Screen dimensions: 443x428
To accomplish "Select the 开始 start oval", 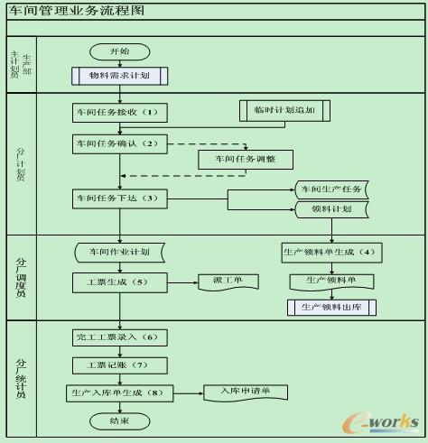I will point(119,52).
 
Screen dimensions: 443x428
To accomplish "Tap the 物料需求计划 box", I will point(119,76).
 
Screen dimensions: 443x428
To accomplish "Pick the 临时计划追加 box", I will point(284,110).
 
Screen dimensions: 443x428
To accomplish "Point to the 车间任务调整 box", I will point(245,159).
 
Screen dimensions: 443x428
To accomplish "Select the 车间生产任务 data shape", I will point(331,189).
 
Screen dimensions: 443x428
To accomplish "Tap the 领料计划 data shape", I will point(331,209).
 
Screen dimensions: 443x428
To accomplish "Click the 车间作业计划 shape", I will point(119,251).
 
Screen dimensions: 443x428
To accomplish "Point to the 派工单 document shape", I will point(228,281).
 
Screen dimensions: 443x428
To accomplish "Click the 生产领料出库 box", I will point(331,308).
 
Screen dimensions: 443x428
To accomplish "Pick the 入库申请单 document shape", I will point(245,392).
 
